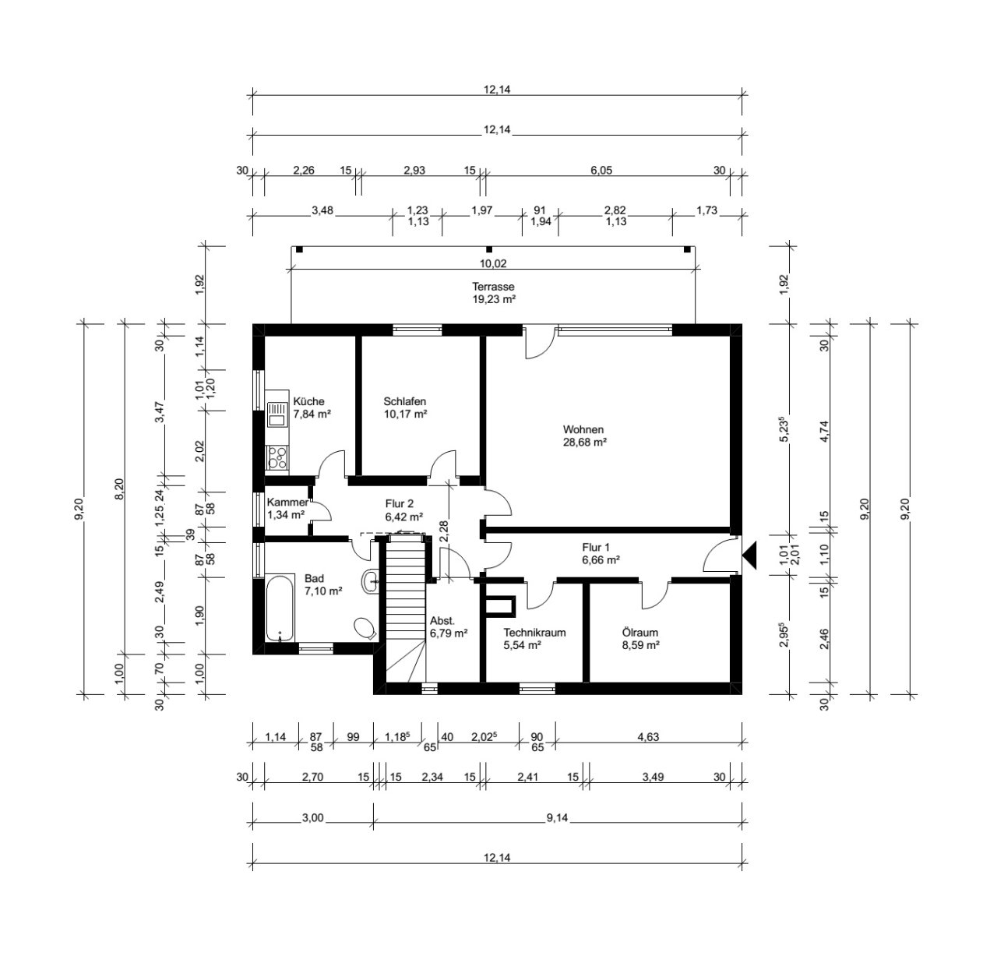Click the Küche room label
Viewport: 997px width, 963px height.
pyautogui.click(x=308, y=401)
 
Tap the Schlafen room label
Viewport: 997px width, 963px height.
pyautogui.click(x=404, y=401)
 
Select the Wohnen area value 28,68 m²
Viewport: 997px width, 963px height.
pyautogui.click(x=585, y=442)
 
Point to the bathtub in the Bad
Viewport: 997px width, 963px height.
pyautogui.click(x=280, y=607)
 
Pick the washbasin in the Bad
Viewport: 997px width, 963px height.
pyautogui.click(x=369, y=582)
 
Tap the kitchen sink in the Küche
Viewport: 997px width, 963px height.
pyautogui.click(x=277, y=414)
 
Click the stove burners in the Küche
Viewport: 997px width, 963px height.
pyautogui.click(x=277, y=457)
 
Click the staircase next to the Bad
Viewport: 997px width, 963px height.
pyautogui.click(x=406, y=608)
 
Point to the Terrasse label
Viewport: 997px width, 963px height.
pyautogui.click(x=493, y=287)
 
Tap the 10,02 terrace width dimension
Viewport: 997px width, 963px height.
pyautogui.click(x=493, y=263)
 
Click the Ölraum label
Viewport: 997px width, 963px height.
pyautogui.click(x=640, y=633)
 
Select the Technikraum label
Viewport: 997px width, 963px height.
pyautogui.click(x=534, y=633)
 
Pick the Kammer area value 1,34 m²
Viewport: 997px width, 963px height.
pyautogui.click(x=286, y=514)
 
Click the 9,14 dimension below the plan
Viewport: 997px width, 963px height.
pyautogui.click(x=557, y=817)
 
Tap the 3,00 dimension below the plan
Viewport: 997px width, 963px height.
pyautogui.click(x=312, y=817)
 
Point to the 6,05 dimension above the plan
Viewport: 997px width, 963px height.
pyautogui.click(x=601, y=170)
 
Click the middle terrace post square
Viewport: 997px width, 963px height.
pyautogui.click(x=489, y=249)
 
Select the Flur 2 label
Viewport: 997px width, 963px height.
pyautogui.click(x=399, y=504)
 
